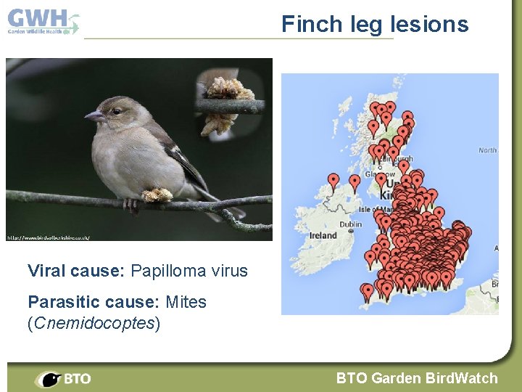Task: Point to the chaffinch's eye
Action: pyautogui.click(x=116, y=111)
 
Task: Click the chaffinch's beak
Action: pyautogui.click(x=94, y=116)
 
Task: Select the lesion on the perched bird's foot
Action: pyautogui.click(x=157, y=195)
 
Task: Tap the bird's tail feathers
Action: pyautogui.click(x=221, y=207)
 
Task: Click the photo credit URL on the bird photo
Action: pyautogui.click(x=48, y=237)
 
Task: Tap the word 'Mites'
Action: pyautogui.click(x=186, y=302)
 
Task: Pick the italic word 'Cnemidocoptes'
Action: pyautogui.click(x=93, y=323)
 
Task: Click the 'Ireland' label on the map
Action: pyautogui.click(x=323, y=235)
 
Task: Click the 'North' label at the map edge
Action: pyautogui.click(x=488, y=150)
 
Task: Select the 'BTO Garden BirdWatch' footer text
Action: pyautogui.click(x=417, y=378)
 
